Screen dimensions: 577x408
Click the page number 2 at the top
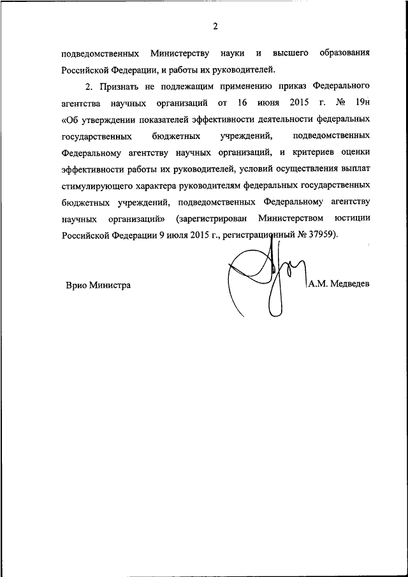pos(215,26)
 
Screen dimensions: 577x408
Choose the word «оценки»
pos(354,152)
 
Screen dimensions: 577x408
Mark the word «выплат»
pos(354,169)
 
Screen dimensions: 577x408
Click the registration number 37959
pos(321,235)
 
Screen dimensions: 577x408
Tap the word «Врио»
pos(77,286)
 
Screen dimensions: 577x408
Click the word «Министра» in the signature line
pos(111,286)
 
